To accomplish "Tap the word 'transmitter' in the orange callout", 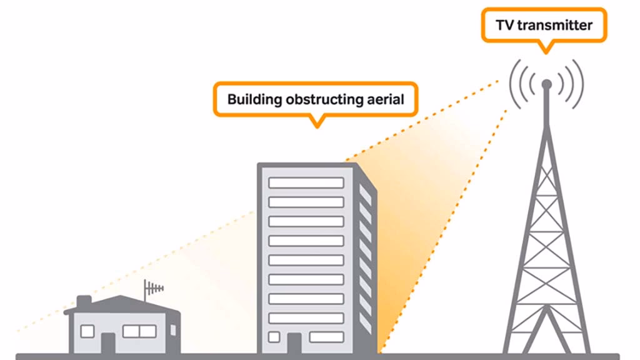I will [x=554, y=26].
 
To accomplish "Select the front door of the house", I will [x=108, y=341].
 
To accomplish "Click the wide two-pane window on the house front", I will [x=139, y=331].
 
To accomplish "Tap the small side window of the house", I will [x=173, y=329].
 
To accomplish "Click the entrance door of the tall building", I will [x=294, y=342].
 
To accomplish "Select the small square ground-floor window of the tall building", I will [x=274, y=337].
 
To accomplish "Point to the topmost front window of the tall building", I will [x=306, y=182].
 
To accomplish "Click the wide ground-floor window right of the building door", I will [x=326, y=337].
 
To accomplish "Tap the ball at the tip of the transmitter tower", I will [x=546, y=83].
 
